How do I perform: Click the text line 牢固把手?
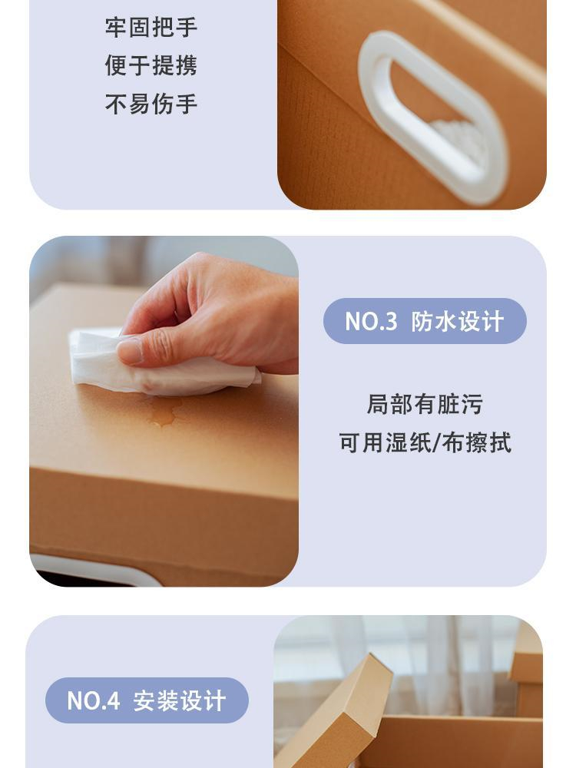(151, 27)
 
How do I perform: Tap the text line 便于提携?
(151, 65)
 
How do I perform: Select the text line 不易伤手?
(151, 104)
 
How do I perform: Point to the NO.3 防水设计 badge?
(425, 321)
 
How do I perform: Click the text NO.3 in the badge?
(371, 322)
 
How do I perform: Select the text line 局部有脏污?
(425, 405)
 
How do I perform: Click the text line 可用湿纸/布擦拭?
(425, 443)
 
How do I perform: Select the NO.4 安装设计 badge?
(147, 700)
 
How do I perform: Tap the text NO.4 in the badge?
(93, 701)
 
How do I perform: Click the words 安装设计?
(179, 701)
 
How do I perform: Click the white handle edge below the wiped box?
(98, 572)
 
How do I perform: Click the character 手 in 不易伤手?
(187, 104)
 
